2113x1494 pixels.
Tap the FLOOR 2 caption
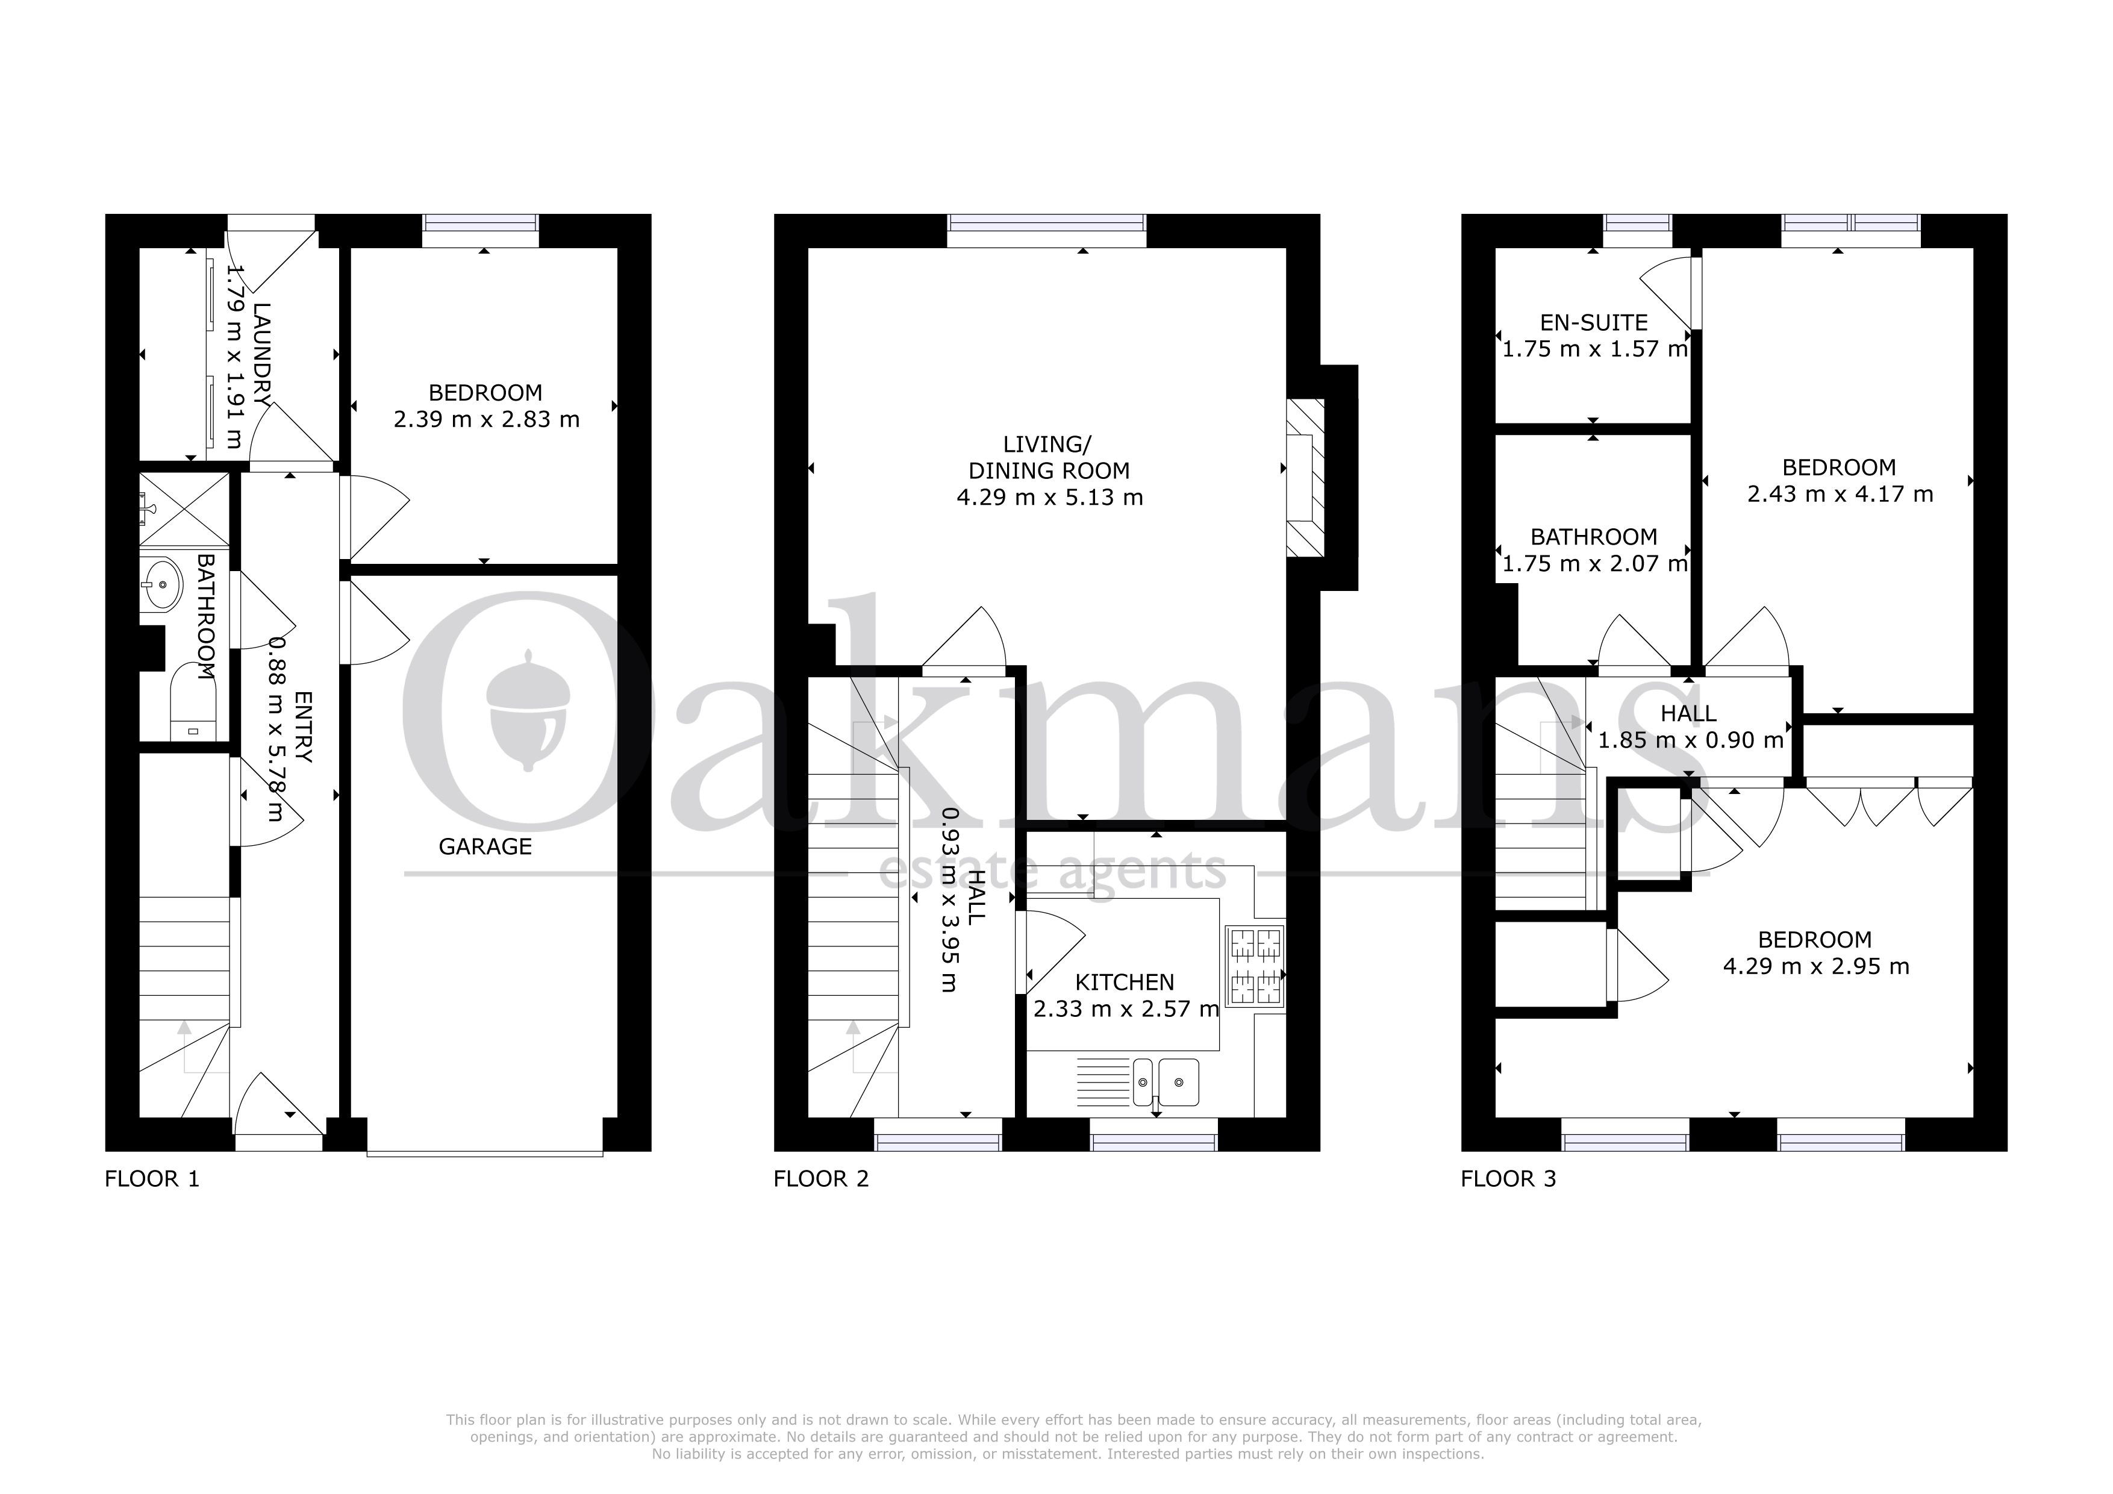coord(821,1179)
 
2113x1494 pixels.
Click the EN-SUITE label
coord(1594,323)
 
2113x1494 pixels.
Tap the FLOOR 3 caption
coord(1508,1179)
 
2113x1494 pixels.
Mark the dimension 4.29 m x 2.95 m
coord(1815,966)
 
